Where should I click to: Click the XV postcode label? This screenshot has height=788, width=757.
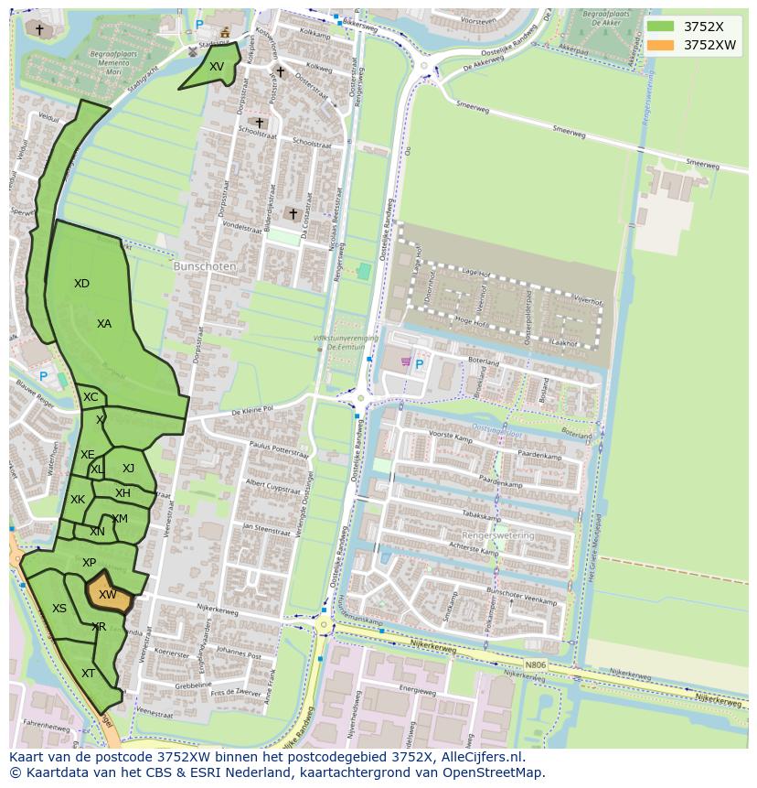coord(216,67)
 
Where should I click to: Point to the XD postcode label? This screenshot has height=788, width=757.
coord(81,284)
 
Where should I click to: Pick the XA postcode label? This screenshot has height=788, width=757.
coord(104,324)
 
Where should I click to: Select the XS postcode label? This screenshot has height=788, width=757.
coord(59,609)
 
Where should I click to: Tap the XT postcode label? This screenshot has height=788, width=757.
coord(88,674)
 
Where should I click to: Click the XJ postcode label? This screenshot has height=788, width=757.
coord(128,469)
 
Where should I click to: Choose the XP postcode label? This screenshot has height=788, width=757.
coord(89,563)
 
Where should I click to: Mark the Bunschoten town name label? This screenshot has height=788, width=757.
coord(205,266)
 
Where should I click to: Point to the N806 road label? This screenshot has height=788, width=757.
coord(537,665)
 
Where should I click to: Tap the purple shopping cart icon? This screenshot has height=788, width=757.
coord(405,362)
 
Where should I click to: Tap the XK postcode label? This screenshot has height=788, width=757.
coord(78,500)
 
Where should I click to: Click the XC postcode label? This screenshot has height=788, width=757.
coord(91,397)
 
